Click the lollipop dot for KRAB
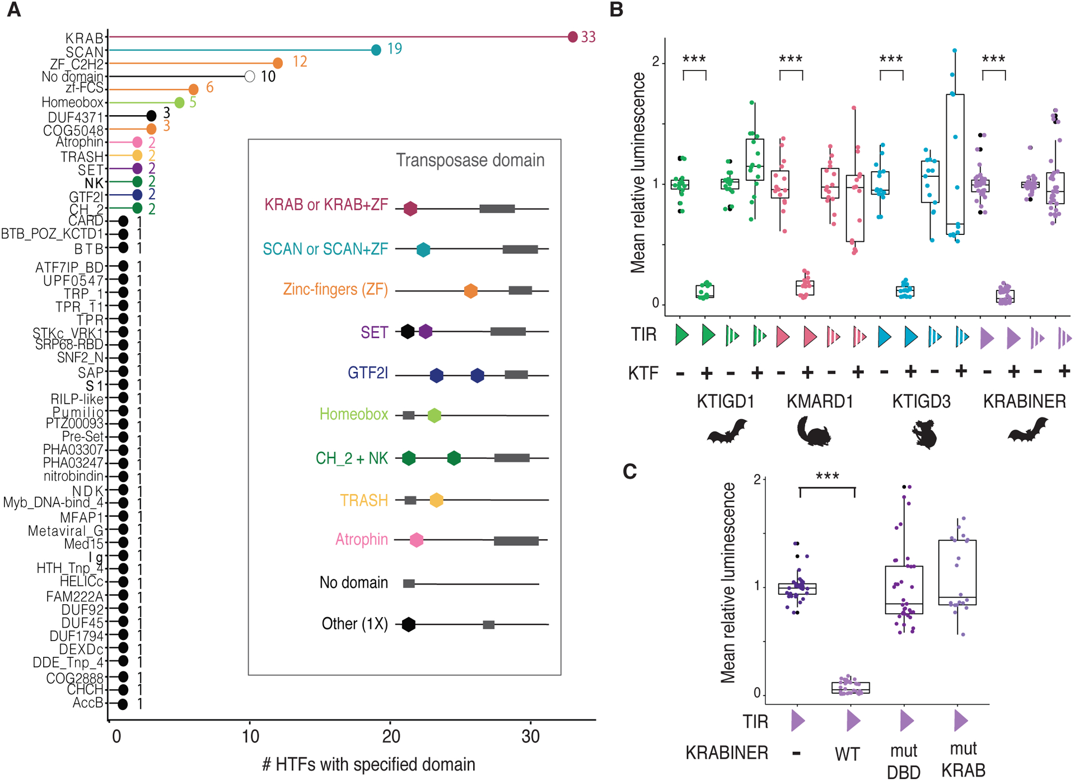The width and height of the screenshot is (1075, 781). coord(572,37)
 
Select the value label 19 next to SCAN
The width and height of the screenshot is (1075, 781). coord(394,49)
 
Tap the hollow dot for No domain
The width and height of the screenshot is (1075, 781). coord(250,77)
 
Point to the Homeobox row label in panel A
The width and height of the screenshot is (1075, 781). coord(72,102)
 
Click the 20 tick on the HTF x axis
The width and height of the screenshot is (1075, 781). coord(391,736)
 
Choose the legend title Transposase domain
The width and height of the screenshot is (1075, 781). coord(470,160)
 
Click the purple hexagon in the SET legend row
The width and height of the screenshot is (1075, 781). coord(426,331)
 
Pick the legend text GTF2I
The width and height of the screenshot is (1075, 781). coord(367,373)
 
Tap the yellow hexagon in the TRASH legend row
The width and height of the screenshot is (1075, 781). coord(436,500)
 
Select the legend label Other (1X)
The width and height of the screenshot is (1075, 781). coord(354,624)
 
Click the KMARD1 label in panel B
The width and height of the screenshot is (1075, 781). coord(820,401)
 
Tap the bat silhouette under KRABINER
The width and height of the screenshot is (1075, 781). coord(1027,431)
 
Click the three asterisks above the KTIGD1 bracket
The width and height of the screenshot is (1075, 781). coord(694,59)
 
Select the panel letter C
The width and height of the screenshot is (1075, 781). coord(630,472)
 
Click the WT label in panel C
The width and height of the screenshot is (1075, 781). coord(847,754)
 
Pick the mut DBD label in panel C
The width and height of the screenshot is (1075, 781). coord(904,761)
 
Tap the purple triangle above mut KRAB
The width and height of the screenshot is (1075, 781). coord(961,721)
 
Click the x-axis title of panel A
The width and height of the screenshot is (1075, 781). coord(368,764)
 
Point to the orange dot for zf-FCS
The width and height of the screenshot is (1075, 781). coord(193,90)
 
